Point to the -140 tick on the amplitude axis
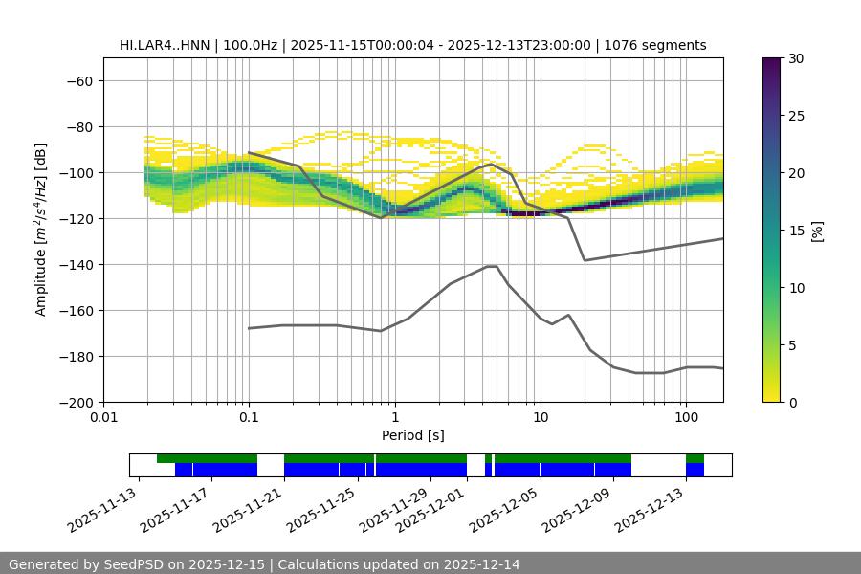[76, 264]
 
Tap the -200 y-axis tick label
[76, 402]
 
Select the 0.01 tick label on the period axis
[103, 417]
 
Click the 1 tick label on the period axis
[394, 417]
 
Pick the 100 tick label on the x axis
[685, 417]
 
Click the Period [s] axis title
[412, 435]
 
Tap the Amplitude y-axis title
[40, 230]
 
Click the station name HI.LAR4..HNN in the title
[164, 45]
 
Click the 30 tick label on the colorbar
[796, 58]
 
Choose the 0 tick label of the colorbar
[792, 402]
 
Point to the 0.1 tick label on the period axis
[249, 417]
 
